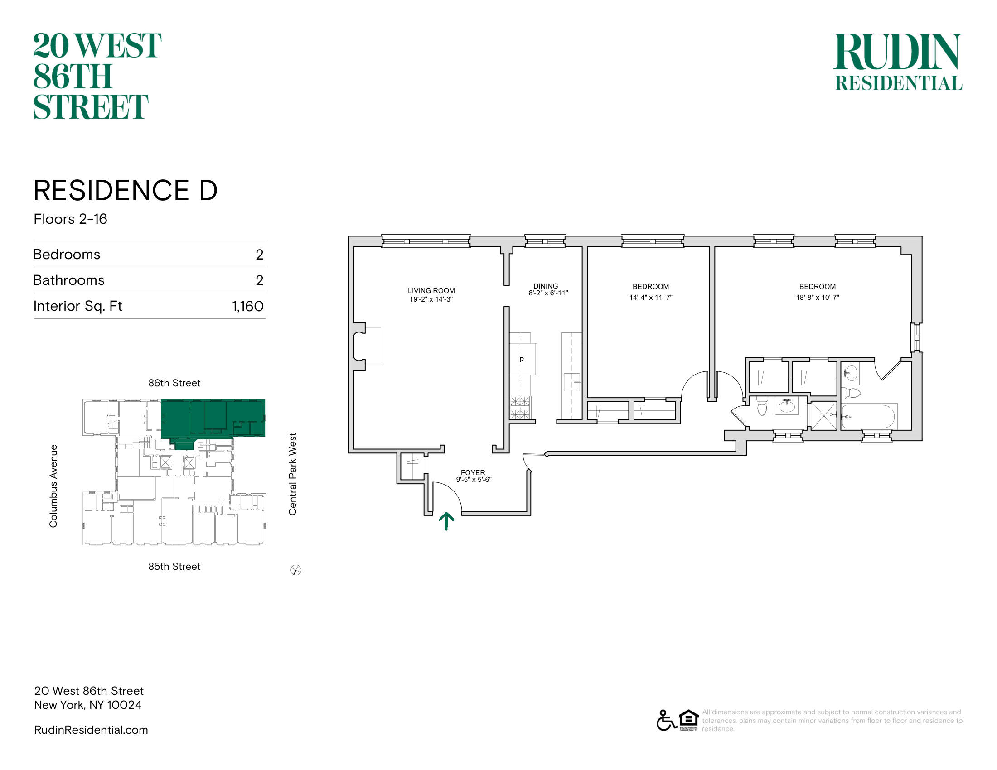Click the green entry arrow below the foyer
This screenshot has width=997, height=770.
point(446,521)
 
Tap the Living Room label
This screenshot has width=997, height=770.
point(431,291)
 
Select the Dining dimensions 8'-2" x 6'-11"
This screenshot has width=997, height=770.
point(548,293)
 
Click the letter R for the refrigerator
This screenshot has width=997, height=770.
point(521,360)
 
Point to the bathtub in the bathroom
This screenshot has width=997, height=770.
point(868,416)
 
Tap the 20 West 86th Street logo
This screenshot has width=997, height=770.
point(97,76)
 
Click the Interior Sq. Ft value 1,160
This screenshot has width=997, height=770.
point(247,306)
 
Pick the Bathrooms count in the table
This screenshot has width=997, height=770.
point(259,280)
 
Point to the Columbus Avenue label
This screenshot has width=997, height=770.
point(53,486)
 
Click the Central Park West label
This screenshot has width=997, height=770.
point(293,474)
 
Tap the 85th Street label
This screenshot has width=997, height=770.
point(174,567)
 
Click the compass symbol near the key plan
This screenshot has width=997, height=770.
point(296,570)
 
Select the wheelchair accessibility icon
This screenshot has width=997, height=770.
point(666,720)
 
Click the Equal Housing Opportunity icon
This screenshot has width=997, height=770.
point(688,720)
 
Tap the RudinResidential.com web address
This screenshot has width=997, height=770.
point(91,730)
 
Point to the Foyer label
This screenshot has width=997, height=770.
point(473,472)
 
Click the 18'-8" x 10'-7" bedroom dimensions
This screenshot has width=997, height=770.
point(818,298)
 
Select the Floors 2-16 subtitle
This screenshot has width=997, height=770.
point(70,219)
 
